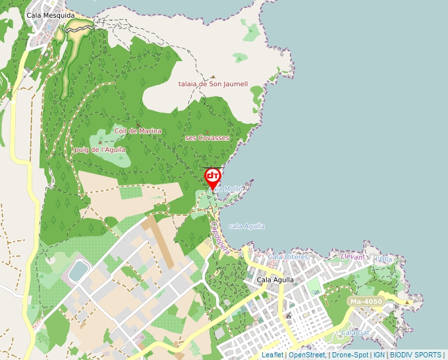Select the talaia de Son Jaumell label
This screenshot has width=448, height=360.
[x=213, y=84]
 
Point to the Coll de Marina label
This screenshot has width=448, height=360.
[x=138, y=131]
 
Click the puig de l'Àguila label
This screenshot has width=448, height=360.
[x=99, y=149]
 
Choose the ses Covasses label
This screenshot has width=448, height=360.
[x=208, y=138]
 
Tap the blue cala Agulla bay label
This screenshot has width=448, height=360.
[x=246, y=226]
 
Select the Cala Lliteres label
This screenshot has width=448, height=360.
[x=288, y=256]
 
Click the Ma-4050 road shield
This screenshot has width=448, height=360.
[x=365, y=301]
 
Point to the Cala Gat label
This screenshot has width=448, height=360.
[x=355, y=333]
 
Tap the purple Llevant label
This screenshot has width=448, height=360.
[x=353, y=257]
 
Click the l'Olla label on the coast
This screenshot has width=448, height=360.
[x=383, y=259]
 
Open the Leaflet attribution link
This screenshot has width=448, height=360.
[x=272, y=355]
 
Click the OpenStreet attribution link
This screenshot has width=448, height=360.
[x=307, y=355]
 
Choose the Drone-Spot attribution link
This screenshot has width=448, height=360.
[x=350, y=355]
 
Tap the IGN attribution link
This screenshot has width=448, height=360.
[x=379, y=355]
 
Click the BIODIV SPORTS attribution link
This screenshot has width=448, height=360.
[x=416, y=355]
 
